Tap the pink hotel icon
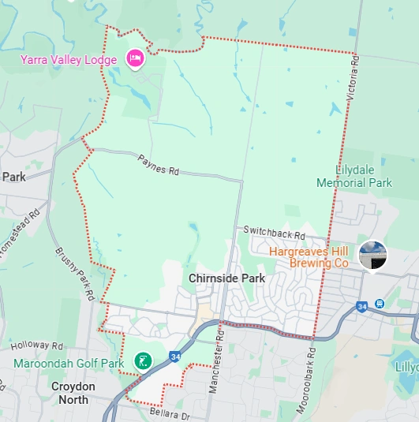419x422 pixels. [134, 58]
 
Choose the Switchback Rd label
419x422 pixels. [274, 233]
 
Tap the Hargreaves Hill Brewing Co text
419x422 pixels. [309, 256]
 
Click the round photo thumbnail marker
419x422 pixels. [372, 255]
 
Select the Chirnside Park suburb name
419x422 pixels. [226, 278]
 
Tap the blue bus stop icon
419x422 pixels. [380, 304]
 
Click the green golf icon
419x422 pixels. [143, 361]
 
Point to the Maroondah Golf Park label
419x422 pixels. [69, 364]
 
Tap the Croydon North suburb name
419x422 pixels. [84, 393]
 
